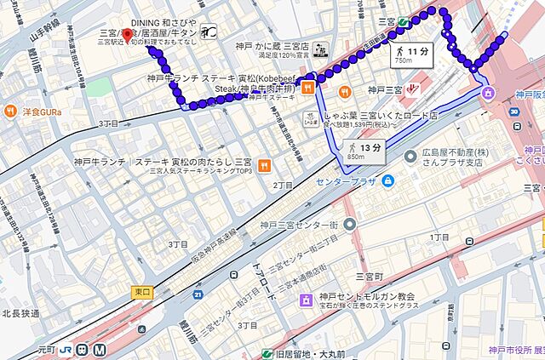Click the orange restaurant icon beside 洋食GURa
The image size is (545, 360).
[11, 111]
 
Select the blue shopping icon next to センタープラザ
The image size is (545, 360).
[388, 180]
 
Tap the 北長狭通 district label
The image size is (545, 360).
[20, 313]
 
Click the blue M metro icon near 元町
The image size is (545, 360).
[100, 349]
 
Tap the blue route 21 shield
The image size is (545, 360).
[197, 294]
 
